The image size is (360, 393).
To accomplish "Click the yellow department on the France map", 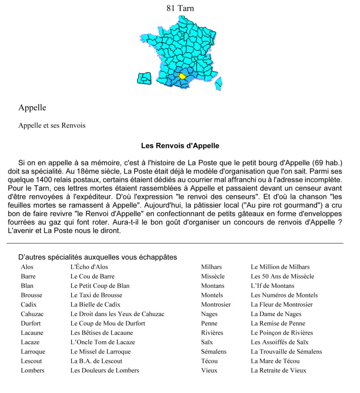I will (x=183, y=76).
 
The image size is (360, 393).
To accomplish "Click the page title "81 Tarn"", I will (x=180, y=8).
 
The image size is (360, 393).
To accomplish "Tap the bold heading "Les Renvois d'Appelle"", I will (x=180, y=146).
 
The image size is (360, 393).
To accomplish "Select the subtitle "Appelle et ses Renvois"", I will (x=52, y=125).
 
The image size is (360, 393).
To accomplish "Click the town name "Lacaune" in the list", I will (x=32, y=333).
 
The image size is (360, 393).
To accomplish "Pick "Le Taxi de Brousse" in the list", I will (x=96, y=295).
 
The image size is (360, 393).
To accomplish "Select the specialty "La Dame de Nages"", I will (x=276, y=314).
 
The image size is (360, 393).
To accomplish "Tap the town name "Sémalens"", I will (x=214, y=352).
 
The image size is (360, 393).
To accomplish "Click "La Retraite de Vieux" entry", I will (x=278, y=370).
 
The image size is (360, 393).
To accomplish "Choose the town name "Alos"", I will (x=27, y=267).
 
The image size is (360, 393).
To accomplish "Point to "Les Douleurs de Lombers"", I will (x=105, y=370).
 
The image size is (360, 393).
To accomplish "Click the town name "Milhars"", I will (x=211, y=267).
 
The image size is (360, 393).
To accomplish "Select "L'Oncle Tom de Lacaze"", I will (x=103, y=342).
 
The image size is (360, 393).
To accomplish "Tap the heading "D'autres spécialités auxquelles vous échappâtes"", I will (x=97, y=257).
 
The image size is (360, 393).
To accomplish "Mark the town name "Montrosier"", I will (x=216, y=305).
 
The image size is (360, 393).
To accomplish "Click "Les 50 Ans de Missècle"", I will (x=282, y=276).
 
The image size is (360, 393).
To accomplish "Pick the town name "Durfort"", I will (x=31, y=323).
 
